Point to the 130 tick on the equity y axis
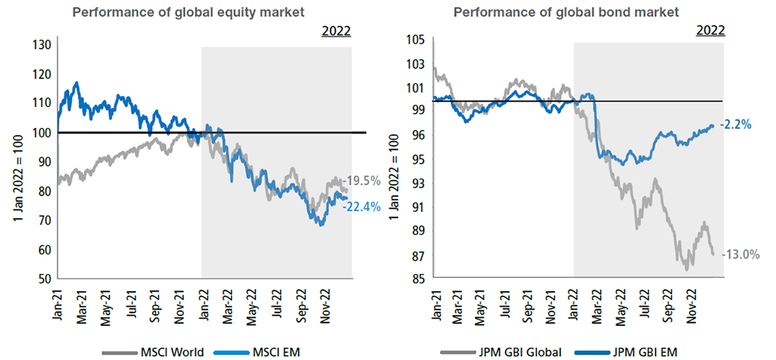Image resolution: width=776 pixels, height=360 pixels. (x=42, y=45)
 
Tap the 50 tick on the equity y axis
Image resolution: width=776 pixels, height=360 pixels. (x=45, y=278)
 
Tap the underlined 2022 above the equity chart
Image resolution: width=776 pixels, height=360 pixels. (x=336, y=32)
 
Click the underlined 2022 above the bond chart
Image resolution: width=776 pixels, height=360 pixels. (x=710, y=32)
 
